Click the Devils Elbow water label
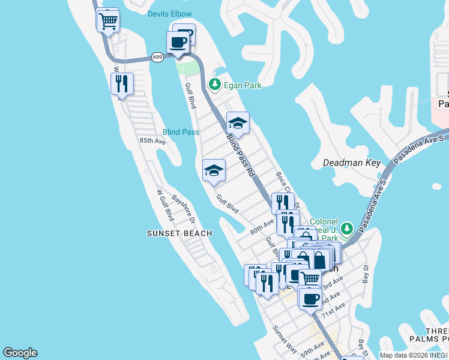tap(169, 14)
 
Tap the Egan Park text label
tap(243, 86)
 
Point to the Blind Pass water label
tap(181, 132)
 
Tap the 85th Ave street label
tap(152, 141)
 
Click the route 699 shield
tap(157, 57)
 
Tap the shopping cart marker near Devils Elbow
tap(108, 21)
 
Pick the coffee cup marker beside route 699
tap(178, 43)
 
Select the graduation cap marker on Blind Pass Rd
tap(238, 124)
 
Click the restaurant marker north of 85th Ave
tap(122, 84)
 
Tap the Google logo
tap(20, 353)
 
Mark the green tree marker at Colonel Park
tap(346, 229)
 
